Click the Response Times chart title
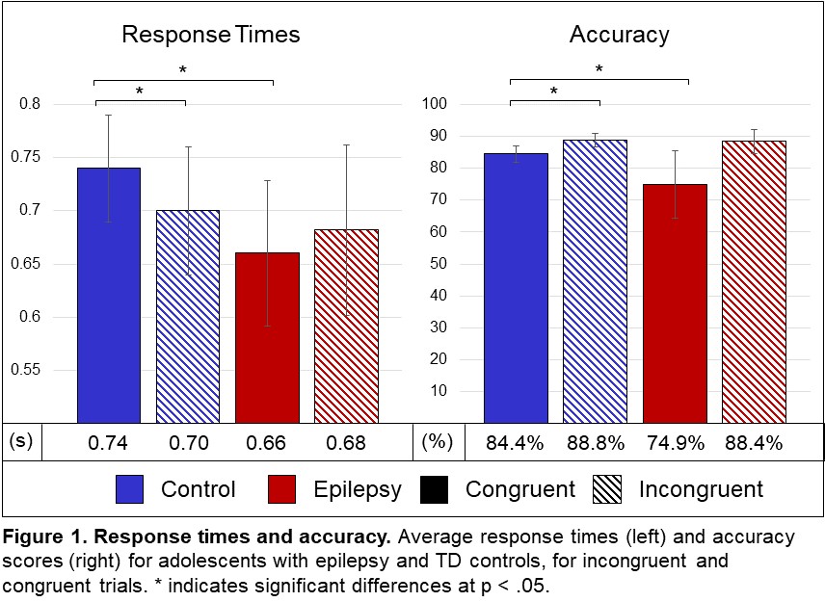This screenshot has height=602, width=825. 210,36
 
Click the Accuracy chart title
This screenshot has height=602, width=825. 620,36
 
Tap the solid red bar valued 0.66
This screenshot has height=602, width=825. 266,337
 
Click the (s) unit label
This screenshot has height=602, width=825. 21,443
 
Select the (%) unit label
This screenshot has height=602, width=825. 436,443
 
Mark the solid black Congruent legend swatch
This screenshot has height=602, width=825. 437,488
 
